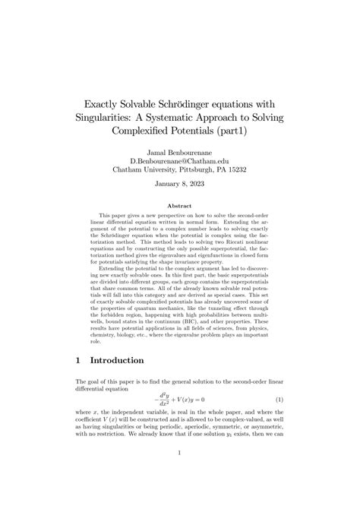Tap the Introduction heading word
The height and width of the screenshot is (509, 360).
[x=125, y=359]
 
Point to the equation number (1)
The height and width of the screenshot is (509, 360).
[x=279, y=399]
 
